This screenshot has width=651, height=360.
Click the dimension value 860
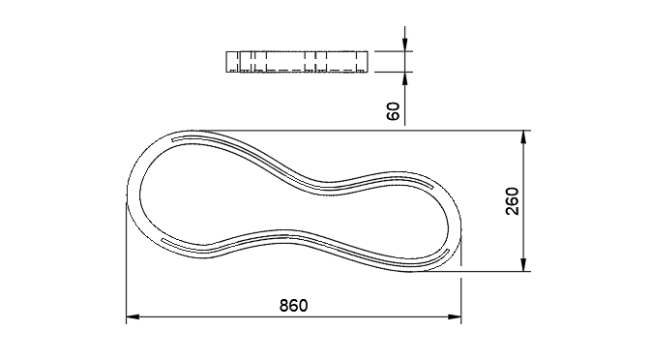[x=293, y=306]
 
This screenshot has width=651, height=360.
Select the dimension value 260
[x=513, y=201]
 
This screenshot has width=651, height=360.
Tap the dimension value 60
[x=393, y=111]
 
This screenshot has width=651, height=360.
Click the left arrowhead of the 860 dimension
[x=133, y=317]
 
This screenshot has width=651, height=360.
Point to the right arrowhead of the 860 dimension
[x=455, y=317]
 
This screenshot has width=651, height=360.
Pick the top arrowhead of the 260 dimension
[x=524, y=137]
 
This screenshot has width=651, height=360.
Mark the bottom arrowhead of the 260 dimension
[x=524, y=265]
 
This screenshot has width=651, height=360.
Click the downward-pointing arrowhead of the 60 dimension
[x=404, y=45]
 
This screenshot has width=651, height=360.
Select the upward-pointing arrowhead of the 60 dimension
[x=404, y=78]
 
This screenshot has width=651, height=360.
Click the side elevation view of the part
[x=297, y=62]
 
